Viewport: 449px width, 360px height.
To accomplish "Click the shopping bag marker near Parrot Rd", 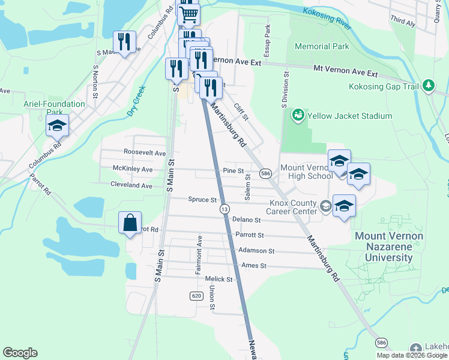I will (x=130, y=223).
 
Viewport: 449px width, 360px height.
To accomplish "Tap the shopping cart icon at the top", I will (x=188, y=13).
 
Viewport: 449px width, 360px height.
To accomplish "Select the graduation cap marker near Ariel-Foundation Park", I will (x=57, y=126).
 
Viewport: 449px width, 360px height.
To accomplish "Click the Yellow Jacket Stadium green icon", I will (x=297, y=115).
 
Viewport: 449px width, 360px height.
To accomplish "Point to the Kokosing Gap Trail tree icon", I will (x=428, y=86).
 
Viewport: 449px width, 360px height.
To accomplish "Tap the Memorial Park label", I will (x=322, y=46).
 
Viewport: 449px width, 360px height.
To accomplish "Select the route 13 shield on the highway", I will (x=224, y=209).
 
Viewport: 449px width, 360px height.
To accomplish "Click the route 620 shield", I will (x=196, y=296).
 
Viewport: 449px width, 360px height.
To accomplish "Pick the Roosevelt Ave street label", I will (x=144, y=153).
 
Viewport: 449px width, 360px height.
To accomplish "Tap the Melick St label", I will (x=218, y=279).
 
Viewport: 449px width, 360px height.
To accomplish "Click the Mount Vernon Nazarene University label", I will (x=388, y=247).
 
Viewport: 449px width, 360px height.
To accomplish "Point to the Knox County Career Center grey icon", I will (x=325, y=206).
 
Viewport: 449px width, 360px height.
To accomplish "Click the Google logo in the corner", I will (x=20, y=353).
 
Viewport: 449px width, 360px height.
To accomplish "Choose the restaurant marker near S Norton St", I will (x=125, y=41).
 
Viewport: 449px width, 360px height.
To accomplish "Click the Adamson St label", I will (x=256, y=250).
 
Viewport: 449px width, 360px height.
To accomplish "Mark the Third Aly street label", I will (x=403, y=22).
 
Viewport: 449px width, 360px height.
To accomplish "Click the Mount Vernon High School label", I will (x=306, y=172).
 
